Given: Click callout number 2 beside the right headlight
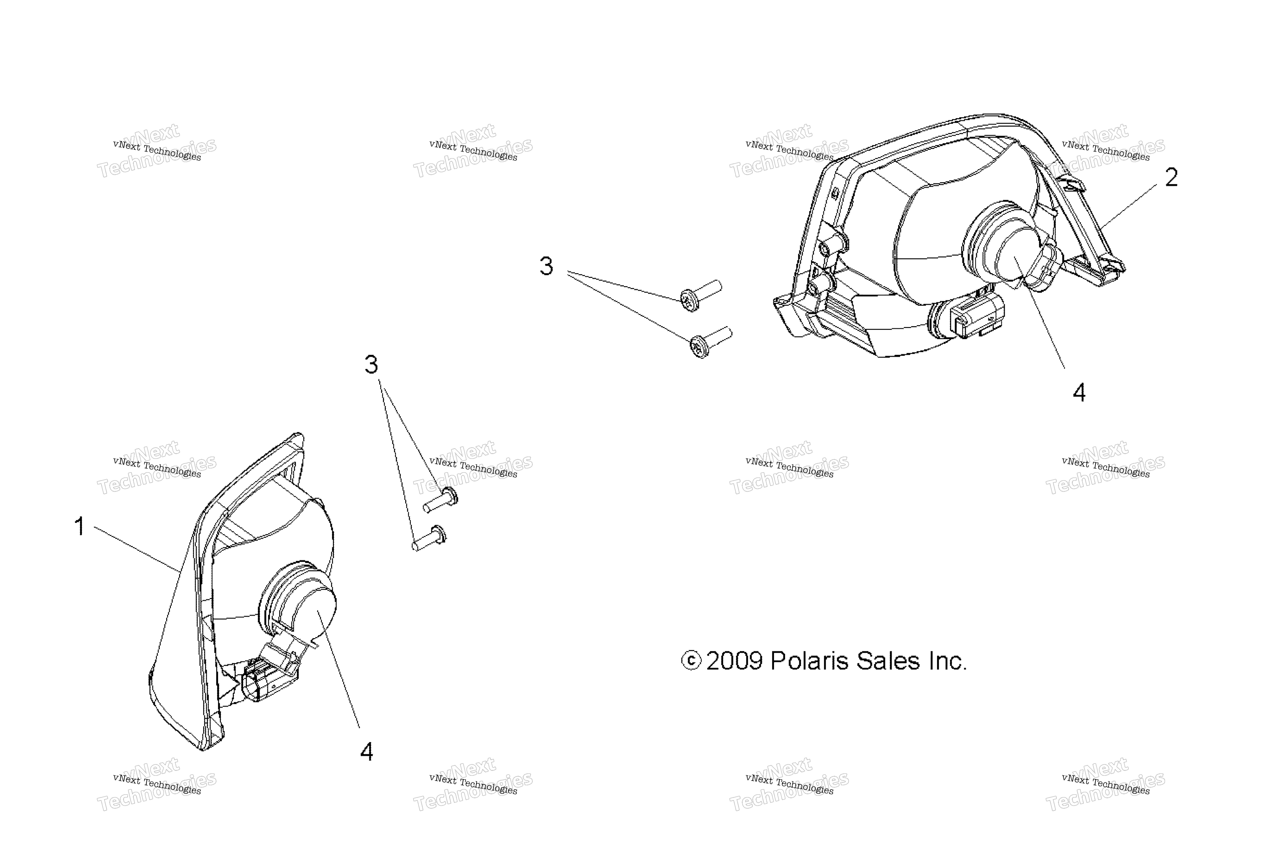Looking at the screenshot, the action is point(1172,177).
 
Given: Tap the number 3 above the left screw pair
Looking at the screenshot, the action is point(371,365).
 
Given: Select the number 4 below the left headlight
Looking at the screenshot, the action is point(367,751).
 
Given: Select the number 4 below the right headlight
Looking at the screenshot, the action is point(1079,393).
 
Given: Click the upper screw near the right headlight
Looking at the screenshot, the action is point(701,295).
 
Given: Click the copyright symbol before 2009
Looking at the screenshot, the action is point(691,660).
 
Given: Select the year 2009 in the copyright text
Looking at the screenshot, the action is point(734,660).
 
